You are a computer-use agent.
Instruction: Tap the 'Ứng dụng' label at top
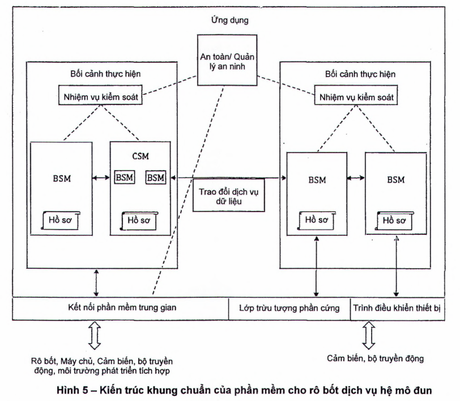228,20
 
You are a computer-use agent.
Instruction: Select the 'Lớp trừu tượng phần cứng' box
289,309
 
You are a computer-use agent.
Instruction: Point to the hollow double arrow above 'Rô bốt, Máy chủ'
95,337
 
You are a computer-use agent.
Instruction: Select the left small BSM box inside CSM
124,178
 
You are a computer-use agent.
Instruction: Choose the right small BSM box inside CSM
155,178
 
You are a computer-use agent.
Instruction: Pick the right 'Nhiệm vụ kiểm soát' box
355,98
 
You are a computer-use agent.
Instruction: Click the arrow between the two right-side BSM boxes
355,178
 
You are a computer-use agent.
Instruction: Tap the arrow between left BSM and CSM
101,178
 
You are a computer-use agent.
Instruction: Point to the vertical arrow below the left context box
96,282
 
